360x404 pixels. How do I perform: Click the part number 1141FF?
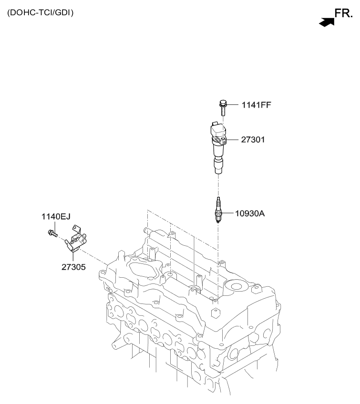coord(257,105)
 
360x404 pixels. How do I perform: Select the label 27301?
coord(253,140)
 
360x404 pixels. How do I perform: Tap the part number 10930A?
coord(250,213)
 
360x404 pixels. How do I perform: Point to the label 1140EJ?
coord(56,217)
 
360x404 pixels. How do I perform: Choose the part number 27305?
coord(73,267)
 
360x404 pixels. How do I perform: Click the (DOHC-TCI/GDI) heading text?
coord(40,12)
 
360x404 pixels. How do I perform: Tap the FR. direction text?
coord(343,13)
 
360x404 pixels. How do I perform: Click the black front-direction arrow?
coord(327,22)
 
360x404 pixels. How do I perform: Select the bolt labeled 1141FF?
coord(223,108)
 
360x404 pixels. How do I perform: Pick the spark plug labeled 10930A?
coord(218,210)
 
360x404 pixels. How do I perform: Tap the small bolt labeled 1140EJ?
coord(53,233)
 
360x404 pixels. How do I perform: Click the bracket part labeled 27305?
coord(75,239)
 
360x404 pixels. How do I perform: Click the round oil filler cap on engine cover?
coord(236,286)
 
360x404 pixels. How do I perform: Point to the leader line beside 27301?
coord(232,140)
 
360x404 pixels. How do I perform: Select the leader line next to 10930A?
coord(227,213)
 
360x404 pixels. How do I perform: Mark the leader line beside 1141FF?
coord(233,105)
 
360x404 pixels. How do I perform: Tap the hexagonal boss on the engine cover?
coord(216,313)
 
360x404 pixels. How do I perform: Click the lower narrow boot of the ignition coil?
coord(218,166)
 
